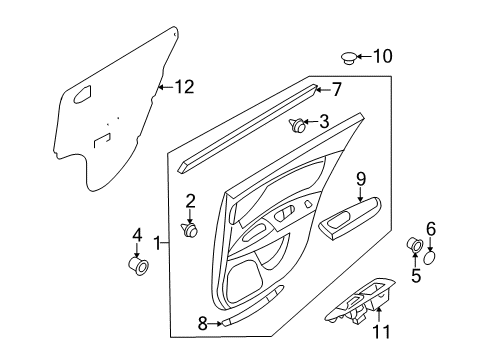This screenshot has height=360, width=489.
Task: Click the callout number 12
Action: point(184,87)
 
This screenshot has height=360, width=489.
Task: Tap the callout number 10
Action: point(382,56)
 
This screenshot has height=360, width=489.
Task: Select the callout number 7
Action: point(336,89)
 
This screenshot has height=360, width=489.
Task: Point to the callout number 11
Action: point(381,332)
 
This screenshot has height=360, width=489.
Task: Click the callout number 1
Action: point(157,243)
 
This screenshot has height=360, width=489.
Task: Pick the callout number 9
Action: point(361,179)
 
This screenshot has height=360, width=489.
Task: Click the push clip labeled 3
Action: point(297,125)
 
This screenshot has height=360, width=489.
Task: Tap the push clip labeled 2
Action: point(189,229)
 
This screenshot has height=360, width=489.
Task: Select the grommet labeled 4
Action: point(138,266)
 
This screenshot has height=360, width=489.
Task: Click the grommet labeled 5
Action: point(415,245)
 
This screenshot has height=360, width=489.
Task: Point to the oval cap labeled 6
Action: point(430,258)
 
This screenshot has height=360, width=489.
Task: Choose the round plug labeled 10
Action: point(349,58)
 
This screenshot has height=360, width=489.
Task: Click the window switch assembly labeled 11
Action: point(360,302)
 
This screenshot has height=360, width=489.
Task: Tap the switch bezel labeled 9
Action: point(350,217)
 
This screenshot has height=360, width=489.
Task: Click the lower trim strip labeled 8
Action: point(253,305)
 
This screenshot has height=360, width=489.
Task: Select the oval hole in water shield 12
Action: point(82,94)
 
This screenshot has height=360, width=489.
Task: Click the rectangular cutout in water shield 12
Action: point(102,140)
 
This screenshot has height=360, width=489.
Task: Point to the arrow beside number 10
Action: point(364,56)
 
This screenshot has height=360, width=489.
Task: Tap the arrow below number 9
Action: point(361,194)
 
